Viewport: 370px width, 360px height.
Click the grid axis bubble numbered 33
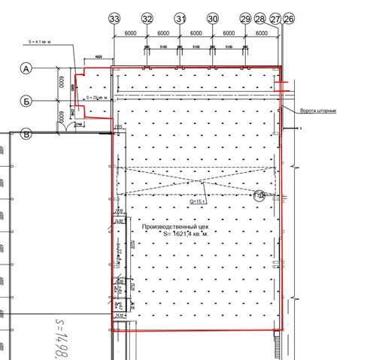click(x=114, y=18)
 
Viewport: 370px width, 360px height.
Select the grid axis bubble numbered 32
click(x=147, y=18)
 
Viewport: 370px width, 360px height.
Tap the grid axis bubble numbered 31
click(x=180, y=18)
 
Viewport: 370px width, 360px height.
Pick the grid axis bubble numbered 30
click(x=212, y=18)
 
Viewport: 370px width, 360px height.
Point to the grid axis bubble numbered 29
click(x=245, y=18)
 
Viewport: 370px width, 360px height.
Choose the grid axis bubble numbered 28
click(x=260, y=18)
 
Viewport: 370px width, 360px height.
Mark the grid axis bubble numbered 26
click(x=290, y=18)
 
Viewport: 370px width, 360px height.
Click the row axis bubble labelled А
click(x=27, y=68)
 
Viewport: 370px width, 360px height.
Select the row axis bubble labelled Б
click(x=27, y=101)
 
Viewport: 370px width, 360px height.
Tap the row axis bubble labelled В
click(x=27, y=135)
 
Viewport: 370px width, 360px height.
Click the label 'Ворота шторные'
click(x=318, y=111)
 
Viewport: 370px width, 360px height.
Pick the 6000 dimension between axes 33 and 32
click(x=130, y=34)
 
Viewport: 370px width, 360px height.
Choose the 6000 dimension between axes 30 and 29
click(x=229, y=34)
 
